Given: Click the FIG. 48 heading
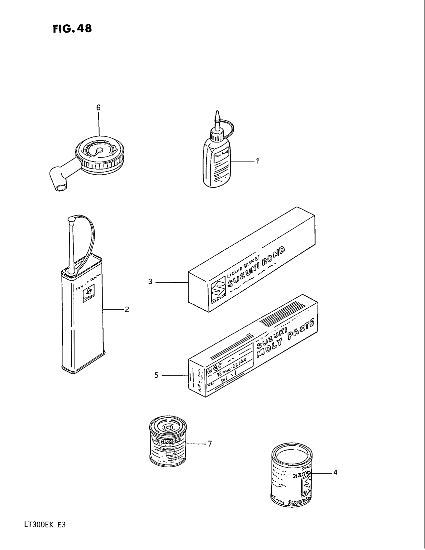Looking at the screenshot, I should click(72, 29).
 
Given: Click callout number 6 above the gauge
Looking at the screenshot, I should click(98, 108).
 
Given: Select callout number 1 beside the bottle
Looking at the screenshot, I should click(257, 161).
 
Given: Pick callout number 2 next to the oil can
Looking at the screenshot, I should click(127, 309).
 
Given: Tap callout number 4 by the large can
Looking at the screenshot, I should click(335, 472).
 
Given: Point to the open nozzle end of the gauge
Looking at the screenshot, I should click(61, 187).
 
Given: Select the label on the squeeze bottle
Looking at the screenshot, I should click(221, 156).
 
